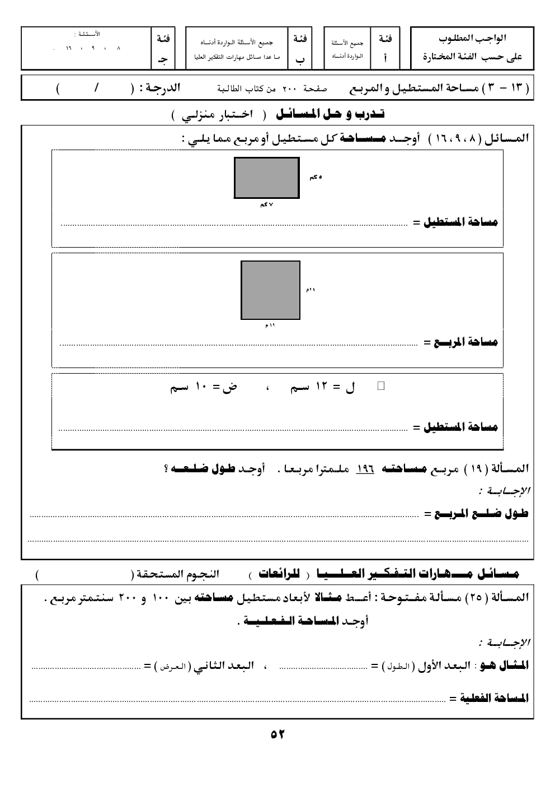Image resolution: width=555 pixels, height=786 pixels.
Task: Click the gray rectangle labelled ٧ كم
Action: pyautogui.click(x=266, y=178)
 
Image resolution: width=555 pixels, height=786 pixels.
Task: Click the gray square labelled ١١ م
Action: pyautogui.click(x=270, y=290)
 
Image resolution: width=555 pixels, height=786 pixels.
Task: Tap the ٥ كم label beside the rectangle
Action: pyautogui.click(x=316, y=177)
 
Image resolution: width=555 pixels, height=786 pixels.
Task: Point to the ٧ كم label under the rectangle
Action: pyautogui.click(x=266, y=204)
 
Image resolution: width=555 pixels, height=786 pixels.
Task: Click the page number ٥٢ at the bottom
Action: pyautogui.click(x=277, y=734)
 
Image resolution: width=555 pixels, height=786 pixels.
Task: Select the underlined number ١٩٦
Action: pyautogui.click(x=365, y=468)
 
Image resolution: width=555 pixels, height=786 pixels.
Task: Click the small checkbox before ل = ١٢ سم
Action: pyautogui.click(x=381, y=385)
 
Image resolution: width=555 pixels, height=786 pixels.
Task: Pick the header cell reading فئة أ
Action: pyautogui.click(x=385, y=48)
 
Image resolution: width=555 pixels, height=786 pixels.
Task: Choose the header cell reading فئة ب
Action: pyautogui.click(x=300, y=48)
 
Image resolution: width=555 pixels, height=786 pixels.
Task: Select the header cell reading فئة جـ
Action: pyautogui.click(x=163, y=48)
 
